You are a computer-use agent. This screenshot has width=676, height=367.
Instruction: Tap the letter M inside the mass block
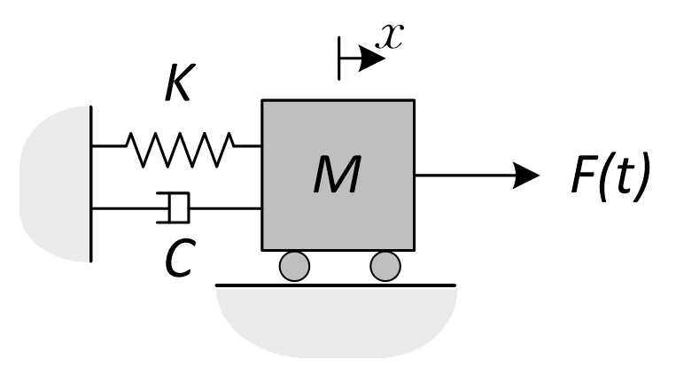[337, 176]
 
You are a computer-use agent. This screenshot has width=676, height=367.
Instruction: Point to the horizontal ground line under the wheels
[337, 285]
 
